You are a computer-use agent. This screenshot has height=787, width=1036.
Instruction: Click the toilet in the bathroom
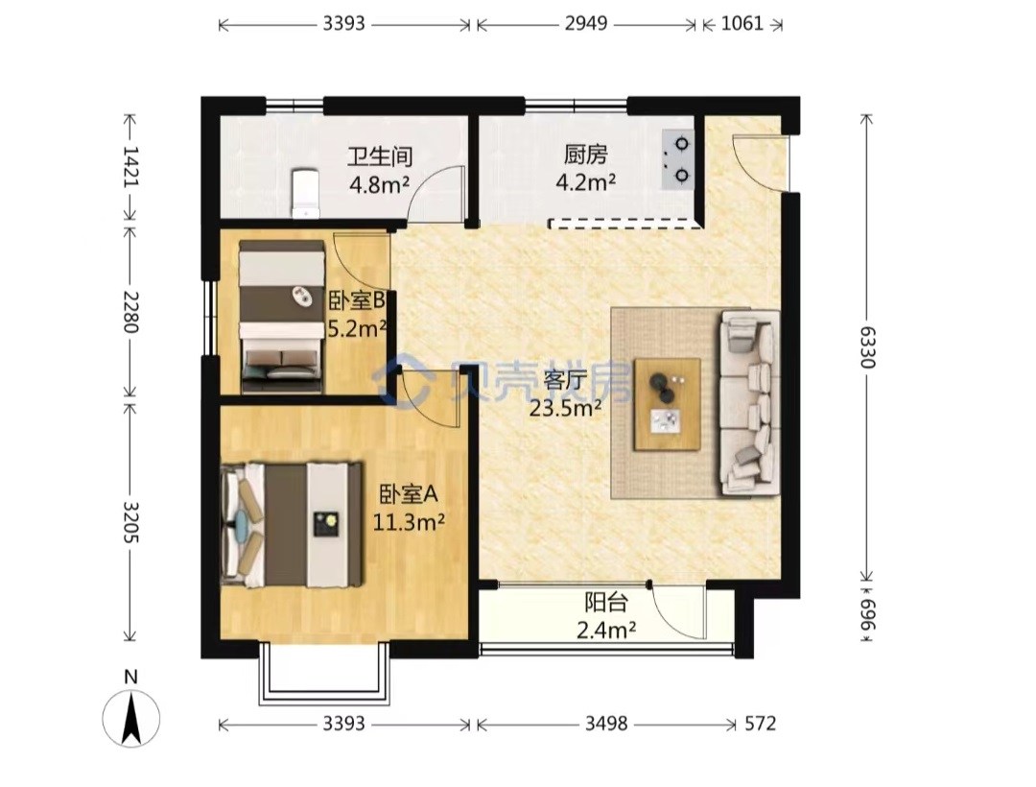pos(305,193)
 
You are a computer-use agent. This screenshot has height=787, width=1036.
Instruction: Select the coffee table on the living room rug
pos(667,404)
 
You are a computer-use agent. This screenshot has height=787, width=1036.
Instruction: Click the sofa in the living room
pos(749,402)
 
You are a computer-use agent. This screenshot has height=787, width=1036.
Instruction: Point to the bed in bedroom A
pos(292,525)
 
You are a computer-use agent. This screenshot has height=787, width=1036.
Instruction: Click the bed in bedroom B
pos(283,317)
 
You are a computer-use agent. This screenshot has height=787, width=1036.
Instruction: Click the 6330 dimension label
pos(867,346)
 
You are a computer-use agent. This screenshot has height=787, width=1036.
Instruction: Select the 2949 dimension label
pos(586,24)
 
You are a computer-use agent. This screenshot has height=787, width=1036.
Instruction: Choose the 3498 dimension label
pos(606,724)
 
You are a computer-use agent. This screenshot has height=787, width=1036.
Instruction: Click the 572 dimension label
pos(760,724)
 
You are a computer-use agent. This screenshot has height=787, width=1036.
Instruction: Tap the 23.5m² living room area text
pos(565,409)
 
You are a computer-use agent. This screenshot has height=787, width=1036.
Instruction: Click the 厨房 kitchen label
pos(585,155)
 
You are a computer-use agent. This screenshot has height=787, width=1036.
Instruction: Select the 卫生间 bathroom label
pos(380,156)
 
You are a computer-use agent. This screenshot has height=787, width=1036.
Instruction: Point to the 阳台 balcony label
pos(606,603)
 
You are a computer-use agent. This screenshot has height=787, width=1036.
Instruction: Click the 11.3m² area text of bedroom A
pos(409,523)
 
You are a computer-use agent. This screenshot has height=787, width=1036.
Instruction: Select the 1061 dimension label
pos(742,24)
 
